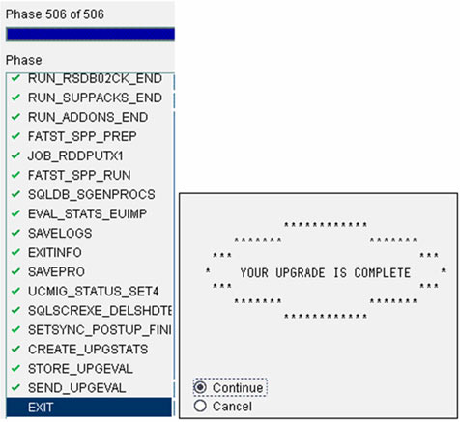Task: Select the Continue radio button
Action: click(x=200, y=387)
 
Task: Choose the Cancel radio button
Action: click(x=200, y=406)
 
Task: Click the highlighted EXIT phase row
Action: click(x=89, y=408)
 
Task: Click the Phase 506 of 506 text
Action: click(x=55, y=14)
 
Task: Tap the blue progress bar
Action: click(x=91, y=34)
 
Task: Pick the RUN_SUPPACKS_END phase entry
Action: click(x=95, y=98)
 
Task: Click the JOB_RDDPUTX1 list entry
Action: click(x=75, y=156)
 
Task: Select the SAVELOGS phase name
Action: click(x=60, y=233)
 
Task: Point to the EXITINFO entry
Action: click(x=55, y=253)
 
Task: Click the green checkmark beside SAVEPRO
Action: click(x=15, y=271)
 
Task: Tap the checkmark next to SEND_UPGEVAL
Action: click(x=15, y=387)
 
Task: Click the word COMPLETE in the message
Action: click(x=383, y=273)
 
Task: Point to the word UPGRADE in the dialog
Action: click(x=301, y=273)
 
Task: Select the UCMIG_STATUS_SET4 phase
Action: click(x=94, y=292)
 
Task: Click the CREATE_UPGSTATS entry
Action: click(x=88, y=350)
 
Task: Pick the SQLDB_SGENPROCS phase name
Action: click(x=92, y=194)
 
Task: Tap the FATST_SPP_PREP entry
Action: click(x=82, y=136)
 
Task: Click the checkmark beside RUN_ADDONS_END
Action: click(x=15, y=117)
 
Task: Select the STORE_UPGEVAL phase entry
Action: click(x=80, y=369)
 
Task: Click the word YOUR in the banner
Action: click(x=254, y=273)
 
